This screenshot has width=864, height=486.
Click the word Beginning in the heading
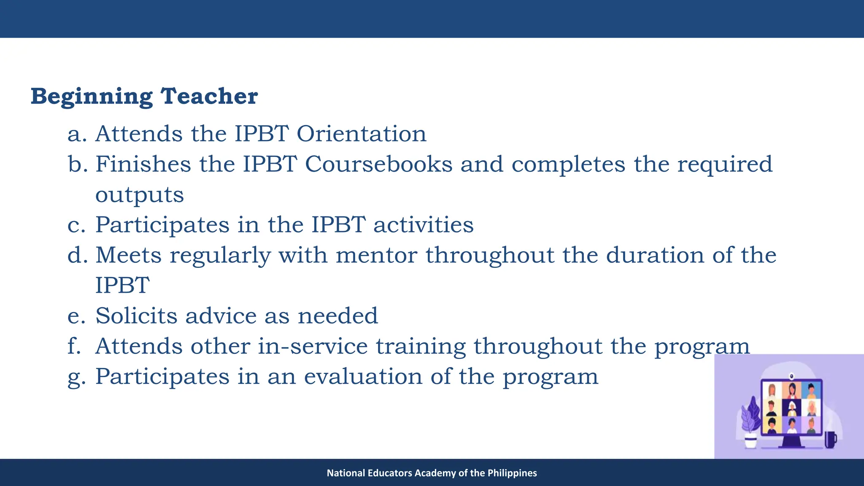91,97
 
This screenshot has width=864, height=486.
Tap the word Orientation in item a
362,134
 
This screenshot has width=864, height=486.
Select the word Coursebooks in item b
378,164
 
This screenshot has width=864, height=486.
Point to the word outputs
140,195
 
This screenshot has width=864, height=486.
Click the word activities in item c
423,224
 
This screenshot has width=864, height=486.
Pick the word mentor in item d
376,255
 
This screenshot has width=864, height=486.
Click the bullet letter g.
76,377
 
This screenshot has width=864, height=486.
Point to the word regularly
220,256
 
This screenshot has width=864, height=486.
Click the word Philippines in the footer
512,473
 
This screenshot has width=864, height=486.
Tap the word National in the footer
346,473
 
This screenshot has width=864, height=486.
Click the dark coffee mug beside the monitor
830,440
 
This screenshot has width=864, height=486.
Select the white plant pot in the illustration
751,441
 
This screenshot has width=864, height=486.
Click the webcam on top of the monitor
792,375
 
